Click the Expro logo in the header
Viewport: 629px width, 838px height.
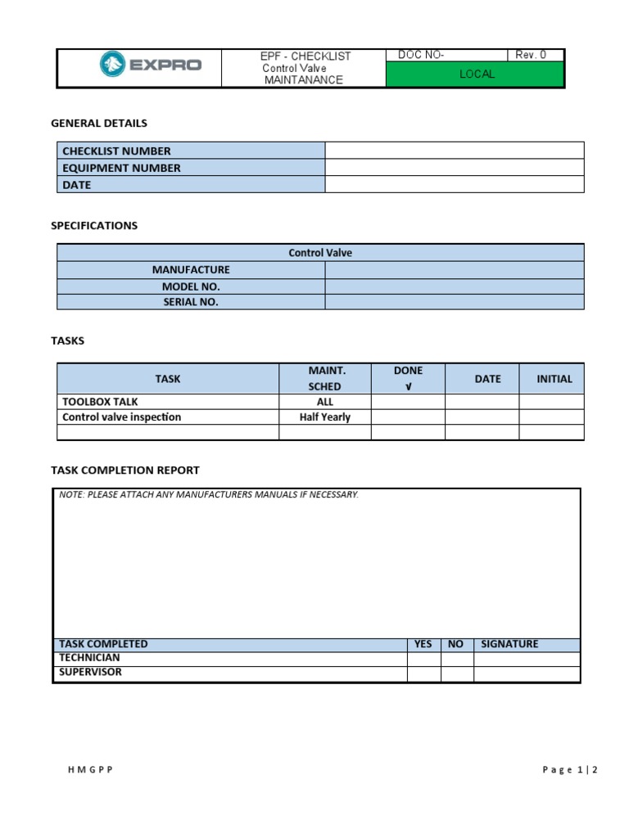[150, 65]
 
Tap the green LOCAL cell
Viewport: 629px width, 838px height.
[476, 74]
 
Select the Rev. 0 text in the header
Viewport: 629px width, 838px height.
[530, 55]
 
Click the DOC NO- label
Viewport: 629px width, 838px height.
[421, 55]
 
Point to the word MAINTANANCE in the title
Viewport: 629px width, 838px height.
[303, 80]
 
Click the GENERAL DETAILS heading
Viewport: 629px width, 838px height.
[99, 123]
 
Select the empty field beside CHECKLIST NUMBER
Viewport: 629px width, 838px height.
[454, 151]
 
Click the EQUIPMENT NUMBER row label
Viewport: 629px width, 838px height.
[122, 168]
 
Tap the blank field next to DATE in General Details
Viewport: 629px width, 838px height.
[454, 185]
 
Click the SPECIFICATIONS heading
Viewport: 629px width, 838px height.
[94, 225]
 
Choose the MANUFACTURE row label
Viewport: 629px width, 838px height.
[191, 269]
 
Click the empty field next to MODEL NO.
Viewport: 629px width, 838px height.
[454, 286]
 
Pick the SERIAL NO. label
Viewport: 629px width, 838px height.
[191, 302]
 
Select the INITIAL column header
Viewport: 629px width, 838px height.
[554, 379]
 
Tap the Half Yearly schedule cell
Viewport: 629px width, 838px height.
[324, 417]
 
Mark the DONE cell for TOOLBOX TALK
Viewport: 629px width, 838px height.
[408, 402]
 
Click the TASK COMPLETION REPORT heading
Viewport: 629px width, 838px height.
[124, 470]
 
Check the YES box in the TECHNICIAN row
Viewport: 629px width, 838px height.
[423, 659]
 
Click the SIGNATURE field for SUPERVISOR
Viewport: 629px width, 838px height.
[527, 674]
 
